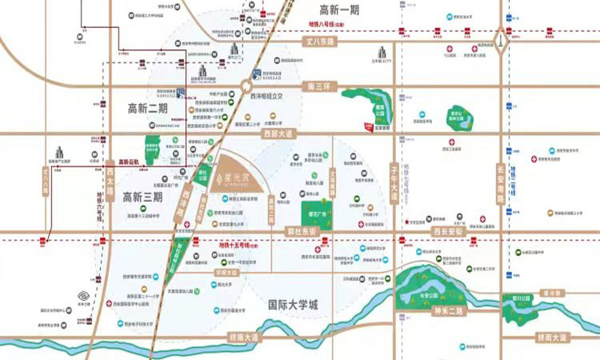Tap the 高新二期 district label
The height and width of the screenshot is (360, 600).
[142, 107]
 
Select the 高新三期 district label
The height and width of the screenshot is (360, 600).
[142, 195]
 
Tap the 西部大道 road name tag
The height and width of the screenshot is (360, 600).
[279, 134]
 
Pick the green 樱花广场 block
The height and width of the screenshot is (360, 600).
[314, 214]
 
